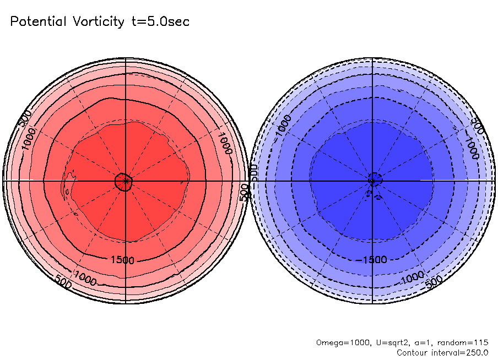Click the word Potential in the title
[x=38, y=22]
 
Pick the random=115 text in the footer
[x=465, y=342]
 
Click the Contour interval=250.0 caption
[x=442, y=352]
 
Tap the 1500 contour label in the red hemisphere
[x=122, y=260]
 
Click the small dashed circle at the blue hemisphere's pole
[x=373, y=180]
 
